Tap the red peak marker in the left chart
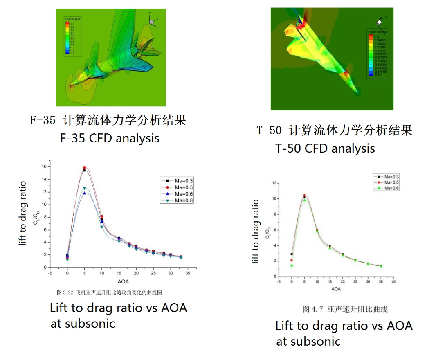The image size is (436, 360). [x=85, y=168]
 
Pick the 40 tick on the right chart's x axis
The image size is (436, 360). [x=393, y=282]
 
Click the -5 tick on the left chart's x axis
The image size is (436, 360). [x=50, y=273]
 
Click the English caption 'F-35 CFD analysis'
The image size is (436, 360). [x=110, y=138]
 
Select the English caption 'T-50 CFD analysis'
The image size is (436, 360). [x=325, y=148]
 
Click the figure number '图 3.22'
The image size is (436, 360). [x=65, y=292]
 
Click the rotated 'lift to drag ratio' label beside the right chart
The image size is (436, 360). [x=256, y=231]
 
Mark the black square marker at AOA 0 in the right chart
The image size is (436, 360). [x=292, y=254]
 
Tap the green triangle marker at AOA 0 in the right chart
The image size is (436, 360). [x=292, y=265]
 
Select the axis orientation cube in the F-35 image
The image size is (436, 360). [x=152, y=21]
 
